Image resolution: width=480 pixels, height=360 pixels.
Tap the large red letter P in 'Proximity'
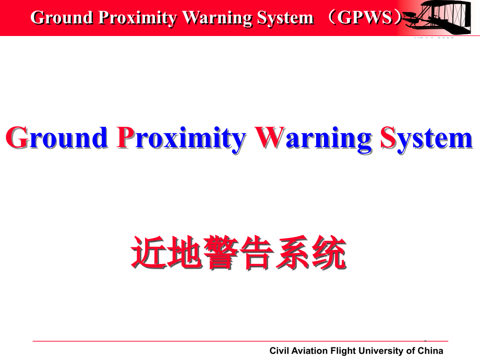click(126, 138)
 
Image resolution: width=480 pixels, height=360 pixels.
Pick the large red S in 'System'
click(388, 138)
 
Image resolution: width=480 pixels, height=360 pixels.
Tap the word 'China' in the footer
click(430, 351)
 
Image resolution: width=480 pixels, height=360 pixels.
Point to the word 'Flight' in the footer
click(343, 351)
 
